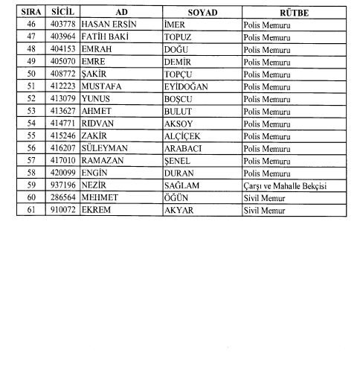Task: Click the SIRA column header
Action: [x=30, y=13]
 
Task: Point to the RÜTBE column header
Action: [x=294, y=13]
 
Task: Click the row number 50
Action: [x=30, y=74]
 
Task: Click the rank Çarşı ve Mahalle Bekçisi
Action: [x=286, y=185]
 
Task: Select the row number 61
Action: [x=30, y=210]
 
